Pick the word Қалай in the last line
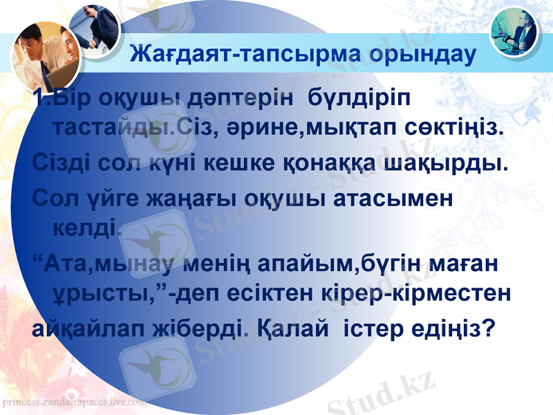291,326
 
